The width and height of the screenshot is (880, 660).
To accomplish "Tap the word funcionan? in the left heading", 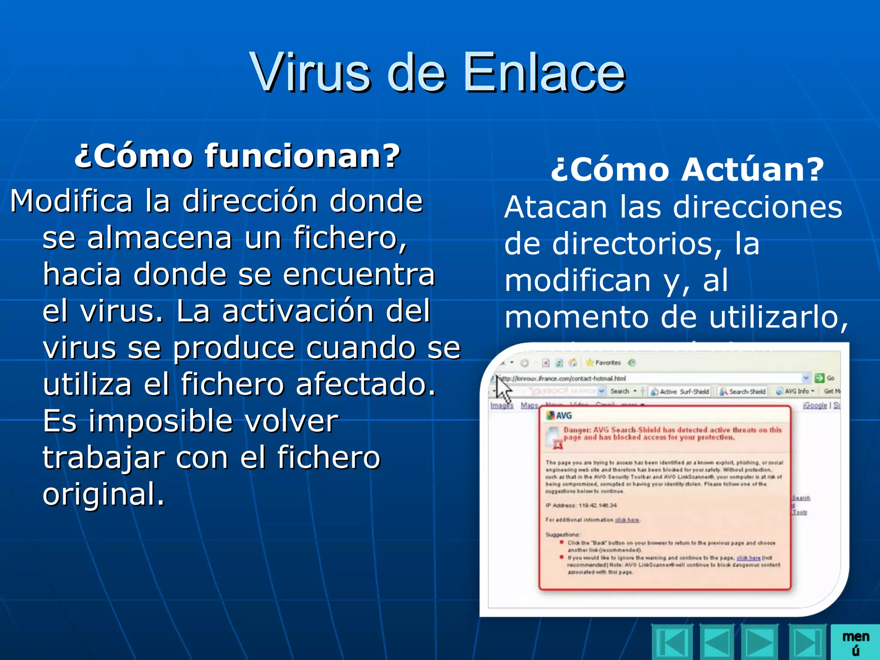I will [x=302, y=156].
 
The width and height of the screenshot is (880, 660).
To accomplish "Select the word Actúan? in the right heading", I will [x=752, y=169].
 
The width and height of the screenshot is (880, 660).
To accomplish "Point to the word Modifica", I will [x=71, y=201].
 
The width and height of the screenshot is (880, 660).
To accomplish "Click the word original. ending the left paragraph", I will [x=104, y=494].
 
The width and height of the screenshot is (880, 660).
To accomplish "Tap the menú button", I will [x=855, y=642].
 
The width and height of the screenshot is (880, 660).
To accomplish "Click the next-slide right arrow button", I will [x=761, y=642].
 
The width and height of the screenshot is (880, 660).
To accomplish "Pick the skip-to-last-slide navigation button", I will [x=807, y=642].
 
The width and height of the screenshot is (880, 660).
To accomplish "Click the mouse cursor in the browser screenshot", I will [x=503, y=389].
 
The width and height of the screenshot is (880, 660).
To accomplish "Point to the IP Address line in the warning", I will [x=581, y=505].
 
